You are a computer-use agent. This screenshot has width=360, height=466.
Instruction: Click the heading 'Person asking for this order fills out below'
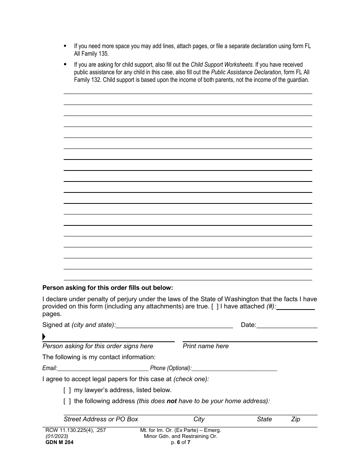click(x=108, y=288)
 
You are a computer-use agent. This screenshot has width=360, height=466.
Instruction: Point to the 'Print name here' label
click(x=206, y=346)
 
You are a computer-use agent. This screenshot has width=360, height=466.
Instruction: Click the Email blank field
click(x=103, y=368)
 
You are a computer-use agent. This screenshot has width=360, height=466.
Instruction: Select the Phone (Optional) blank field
click(x=234, y=368)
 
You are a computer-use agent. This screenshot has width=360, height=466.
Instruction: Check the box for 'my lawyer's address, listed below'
click(x=67, y=390)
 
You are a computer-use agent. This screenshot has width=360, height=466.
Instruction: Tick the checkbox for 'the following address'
click(x=67, y=401)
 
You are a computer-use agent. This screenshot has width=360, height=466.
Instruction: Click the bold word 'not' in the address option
click(x=172, y=401)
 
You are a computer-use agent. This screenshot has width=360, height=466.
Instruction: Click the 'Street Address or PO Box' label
click(x=101, y=419)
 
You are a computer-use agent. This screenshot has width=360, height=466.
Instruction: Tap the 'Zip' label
click(x=296, y=419)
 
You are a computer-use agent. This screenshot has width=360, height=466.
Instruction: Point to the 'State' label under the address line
click(x=265, y=419)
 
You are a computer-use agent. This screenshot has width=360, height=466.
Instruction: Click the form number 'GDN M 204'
click(x=58, y=442)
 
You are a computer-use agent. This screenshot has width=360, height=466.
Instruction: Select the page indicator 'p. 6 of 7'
click(x=180, y=442)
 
